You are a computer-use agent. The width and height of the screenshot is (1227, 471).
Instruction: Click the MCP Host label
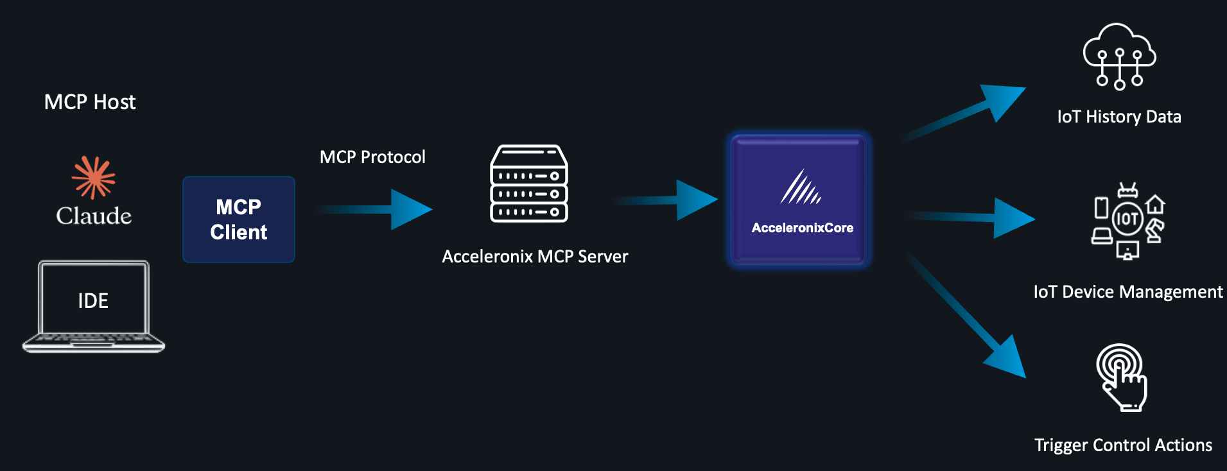(x=90, y=102)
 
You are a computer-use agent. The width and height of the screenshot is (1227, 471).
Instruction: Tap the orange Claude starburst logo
(x=94, y=177)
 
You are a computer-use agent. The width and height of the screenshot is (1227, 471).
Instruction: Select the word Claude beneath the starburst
(x=94, y=216)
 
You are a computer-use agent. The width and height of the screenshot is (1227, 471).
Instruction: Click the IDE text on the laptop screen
(x=93, y=300)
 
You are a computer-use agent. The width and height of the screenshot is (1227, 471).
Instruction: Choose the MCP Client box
(x=239, y=219)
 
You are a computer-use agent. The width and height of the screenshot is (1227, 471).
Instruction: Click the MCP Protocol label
(x=372, y=157)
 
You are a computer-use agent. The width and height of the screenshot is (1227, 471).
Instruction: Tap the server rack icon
(x=529, y=184)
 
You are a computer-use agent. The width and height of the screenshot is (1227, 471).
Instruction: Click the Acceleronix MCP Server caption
(x=535, y=257)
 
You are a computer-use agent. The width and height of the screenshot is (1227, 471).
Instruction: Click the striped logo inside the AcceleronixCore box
(x=801, y=187)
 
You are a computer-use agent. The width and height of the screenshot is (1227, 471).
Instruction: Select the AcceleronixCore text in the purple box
(x=802, y=228)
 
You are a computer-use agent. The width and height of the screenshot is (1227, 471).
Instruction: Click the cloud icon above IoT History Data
(x=1119, y=56)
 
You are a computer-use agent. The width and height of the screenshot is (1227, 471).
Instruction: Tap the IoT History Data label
(x=1119, y=117)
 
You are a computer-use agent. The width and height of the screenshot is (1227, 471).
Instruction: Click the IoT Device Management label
(x=1127, y=292)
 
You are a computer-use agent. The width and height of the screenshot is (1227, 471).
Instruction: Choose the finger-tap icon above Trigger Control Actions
(x=1122, y=377)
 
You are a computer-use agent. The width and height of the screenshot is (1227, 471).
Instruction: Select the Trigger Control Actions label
(x=1123, y=445)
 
